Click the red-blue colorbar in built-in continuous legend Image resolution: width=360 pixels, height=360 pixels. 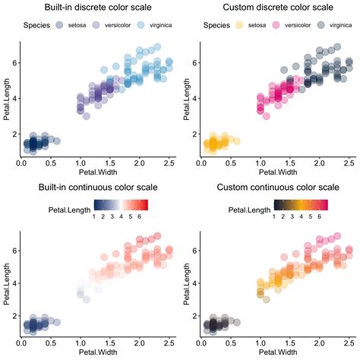(120, 204)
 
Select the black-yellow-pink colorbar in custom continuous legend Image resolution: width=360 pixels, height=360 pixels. (300, 204)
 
